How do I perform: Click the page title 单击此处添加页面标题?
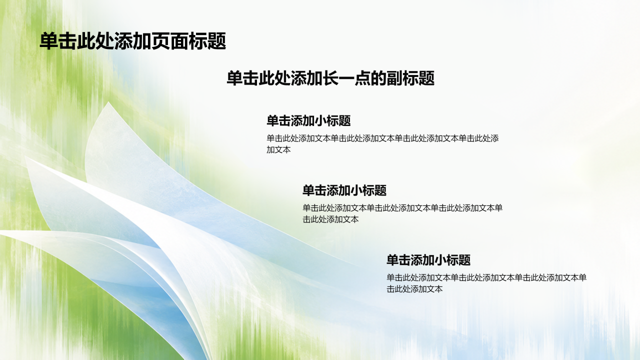pos(133,41)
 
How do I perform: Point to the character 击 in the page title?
pos(67,41)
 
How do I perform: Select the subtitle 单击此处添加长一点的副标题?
pos(330,78)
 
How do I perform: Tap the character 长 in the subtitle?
pos(331,78)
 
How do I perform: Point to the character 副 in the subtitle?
pos(394,78)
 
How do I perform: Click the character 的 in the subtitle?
pos(378,78)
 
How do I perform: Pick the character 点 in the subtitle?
pos(362,78)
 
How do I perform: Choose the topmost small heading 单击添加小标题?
pos(308,120)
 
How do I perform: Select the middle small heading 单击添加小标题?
pos(344,190)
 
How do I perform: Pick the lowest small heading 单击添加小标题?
pos(428,260)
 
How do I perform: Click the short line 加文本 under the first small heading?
pos(278,149)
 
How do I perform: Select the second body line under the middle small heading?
pos(330,219)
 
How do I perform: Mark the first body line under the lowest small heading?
pos(486,277)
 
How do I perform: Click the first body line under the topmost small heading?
pos(382,138)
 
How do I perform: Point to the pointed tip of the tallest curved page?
pos(108,102)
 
